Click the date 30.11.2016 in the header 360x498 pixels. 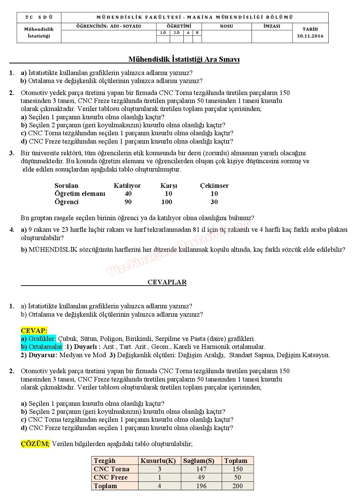(x=310, y=36)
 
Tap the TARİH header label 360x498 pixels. (x=310, y=29)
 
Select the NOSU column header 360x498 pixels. (x=226, y=26)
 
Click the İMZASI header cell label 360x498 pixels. (x=272, y=26)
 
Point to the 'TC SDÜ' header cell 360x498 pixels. (x=39, y=18)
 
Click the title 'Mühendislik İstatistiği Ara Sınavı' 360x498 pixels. (x=184, y=59)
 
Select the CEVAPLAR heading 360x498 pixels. (x=167, y=282)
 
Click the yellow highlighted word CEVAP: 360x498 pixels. (x=34, y=331)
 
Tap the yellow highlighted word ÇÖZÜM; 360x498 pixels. (x=35, y=444)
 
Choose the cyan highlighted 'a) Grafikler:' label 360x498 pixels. (x=38, y=339)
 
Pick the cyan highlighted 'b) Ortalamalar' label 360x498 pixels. (x=41, y=347)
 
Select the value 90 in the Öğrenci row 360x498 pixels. (x=128, y=202)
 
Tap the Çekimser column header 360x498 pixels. (x=214, y=186)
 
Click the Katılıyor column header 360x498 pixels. (x=127, y=186)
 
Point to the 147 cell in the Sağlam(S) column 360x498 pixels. (x=201, y=469)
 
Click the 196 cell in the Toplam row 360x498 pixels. (x=201, y=486)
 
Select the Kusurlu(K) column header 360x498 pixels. (x=158, y=461)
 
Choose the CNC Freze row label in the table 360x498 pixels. (x=111, y=477)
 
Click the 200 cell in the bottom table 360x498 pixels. (x=237, y=486)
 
